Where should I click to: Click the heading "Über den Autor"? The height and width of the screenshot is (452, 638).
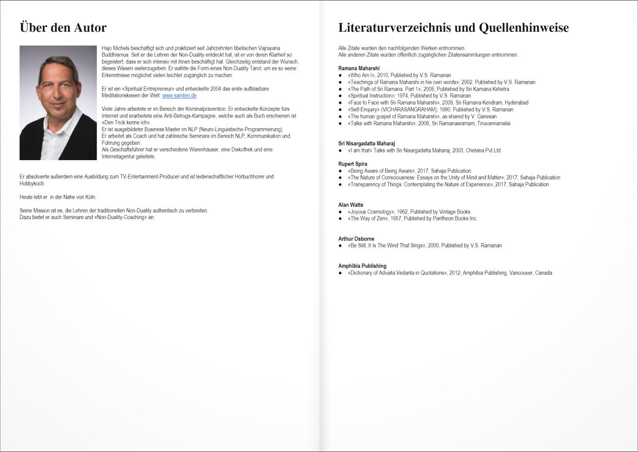click(x=63, y=28)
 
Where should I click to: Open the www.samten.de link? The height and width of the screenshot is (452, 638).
click(x=179, y=95)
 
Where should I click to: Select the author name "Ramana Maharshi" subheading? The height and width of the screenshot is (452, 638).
click(x=359, y=68)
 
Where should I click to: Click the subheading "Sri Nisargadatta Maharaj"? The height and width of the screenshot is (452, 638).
click(x=367, y=143)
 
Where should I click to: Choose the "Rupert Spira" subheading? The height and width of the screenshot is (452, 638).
click(x=353, y=164)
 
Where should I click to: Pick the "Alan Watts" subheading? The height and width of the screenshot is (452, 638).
click(x=351, y=205)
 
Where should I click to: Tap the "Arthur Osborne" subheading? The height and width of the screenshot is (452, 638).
click(x=356, y=239)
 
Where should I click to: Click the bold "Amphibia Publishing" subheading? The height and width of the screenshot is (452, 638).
click(x=362, y=266)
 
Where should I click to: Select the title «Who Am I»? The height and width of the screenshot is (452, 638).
click(x=361, y=75)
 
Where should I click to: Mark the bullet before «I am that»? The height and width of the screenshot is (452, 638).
click(x=340, y=151)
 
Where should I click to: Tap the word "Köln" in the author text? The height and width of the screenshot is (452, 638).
click(x=90, y=197)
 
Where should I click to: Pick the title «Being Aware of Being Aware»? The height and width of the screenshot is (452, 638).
click(x=381, y=171)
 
